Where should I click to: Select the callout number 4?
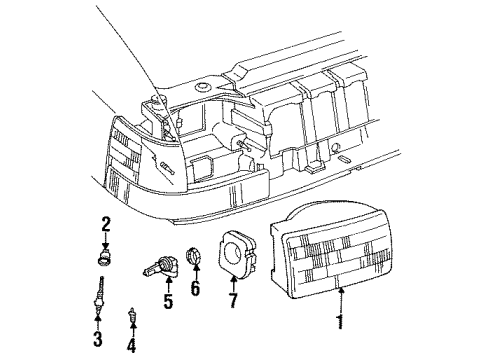tap(131, 347)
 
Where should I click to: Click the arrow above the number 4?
tap(131, 331)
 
